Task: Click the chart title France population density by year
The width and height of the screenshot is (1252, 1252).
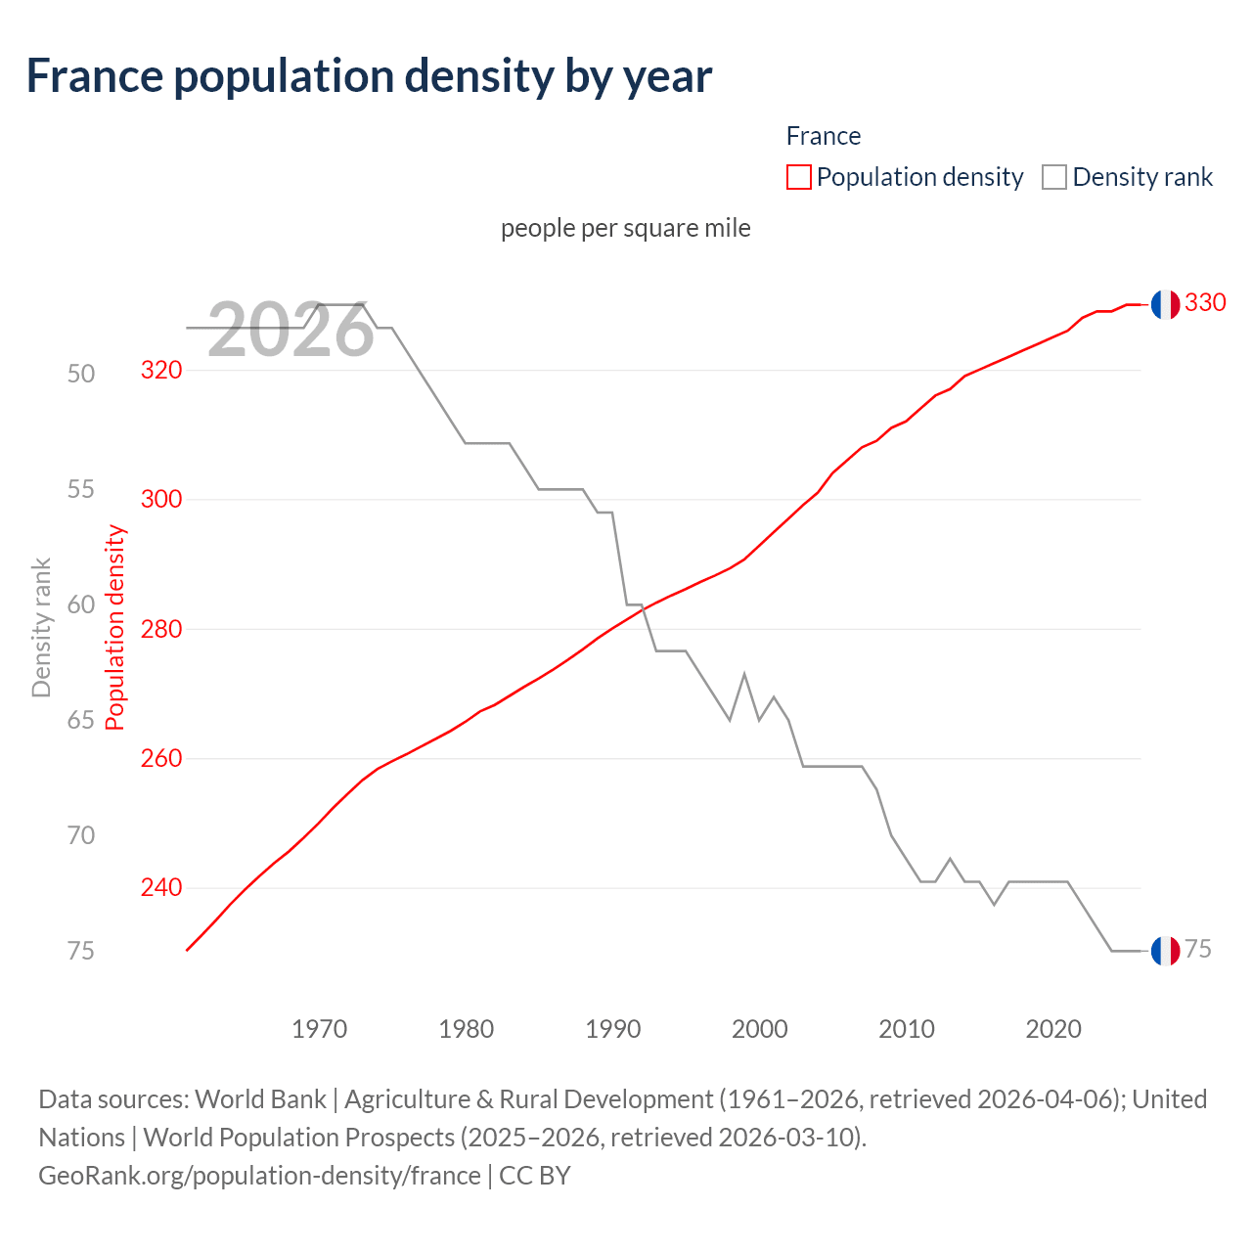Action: pos(369,76)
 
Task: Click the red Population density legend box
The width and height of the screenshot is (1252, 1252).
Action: pos(798,177)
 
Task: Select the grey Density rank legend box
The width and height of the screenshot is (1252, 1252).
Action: pos(1053,177)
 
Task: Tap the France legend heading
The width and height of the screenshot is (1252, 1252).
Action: pos(823,136)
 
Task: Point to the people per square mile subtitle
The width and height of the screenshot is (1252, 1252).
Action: pos(625,228)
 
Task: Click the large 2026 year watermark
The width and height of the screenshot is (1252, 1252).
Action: pos(291,331)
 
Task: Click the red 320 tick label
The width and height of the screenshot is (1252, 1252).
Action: pos(161,370)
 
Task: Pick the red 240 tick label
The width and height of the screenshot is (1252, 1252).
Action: pos(161,887)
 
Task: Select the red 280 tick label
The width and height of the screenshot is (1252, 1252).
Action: pos(161,629)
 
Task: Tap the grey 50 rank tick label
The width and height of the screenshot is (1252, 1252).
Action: pos(81,374)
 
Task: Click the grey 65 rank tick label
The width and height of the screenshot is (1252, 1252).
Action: pos(81,721)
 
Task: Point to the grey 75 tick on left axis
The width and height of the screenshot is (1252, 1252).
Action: pos(81,951)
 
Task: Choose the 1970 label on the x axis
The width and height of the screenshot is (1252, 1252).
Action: pos(319,1029)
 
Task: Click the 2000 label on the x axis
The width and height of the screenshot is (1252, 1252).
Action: pos(760,1029)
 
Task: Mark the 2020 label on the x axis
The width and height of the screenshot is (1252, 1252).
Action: pos(1053,1029)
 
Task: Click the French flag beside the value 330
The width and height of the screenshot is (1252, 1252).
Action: pos(1165,304)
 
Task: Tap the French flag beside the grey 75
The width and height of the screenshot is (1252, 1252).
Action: pos(1165,951)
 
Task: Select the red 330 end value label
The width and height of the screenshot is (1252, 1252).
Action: pos(1205,303)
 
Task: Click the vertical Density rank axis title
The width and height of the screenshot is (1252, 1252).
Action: pos(41,628)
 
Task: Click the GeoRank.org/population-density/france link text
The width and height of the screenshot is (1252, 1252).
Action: pos(259,1175)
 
